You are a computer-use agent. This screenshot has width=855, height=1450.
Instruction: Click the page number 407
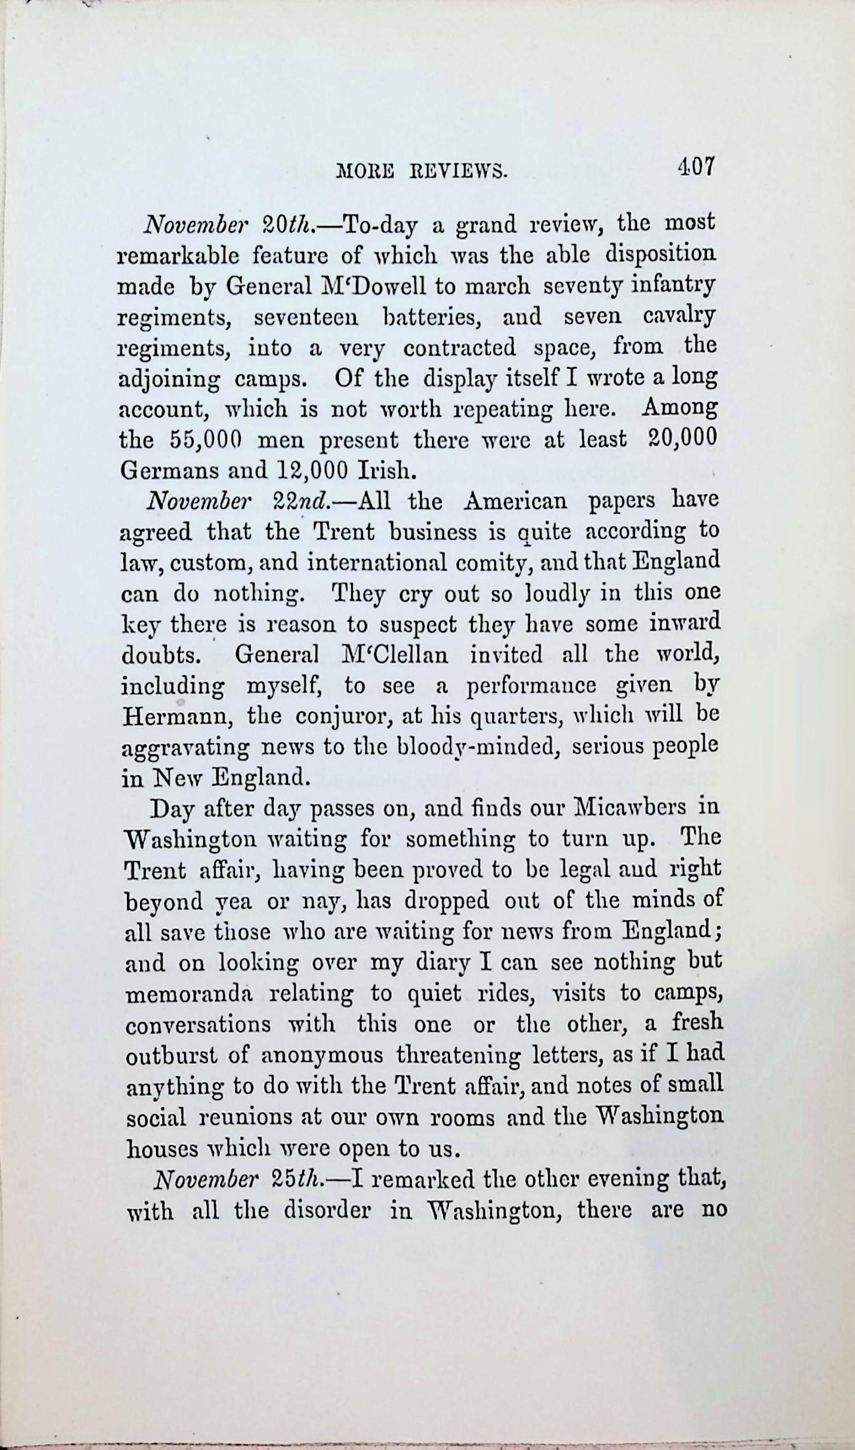[x=695, y=167]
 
